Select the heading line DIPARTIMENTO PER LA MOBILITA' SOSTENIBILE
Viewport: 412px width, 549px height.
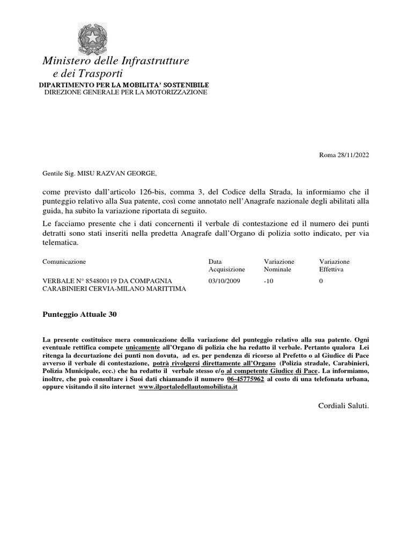coord(124,85)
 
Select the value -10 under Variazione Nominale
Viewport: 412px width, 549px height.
coord(269,280)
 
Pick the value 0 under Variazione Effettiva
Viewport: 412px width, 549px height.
coord(321,280)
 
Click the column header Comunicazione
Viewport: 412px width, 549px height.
coord(64,261)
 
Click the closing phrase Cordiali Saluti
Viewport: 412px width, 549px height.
coord(343,406)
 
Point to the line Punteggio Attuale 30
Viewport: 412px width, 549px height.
coord(79,315)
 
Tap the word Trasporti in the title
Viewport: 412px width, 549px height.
coord(100,73)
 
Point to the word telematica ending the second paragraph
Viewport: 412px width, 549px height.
coord(60,242)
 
